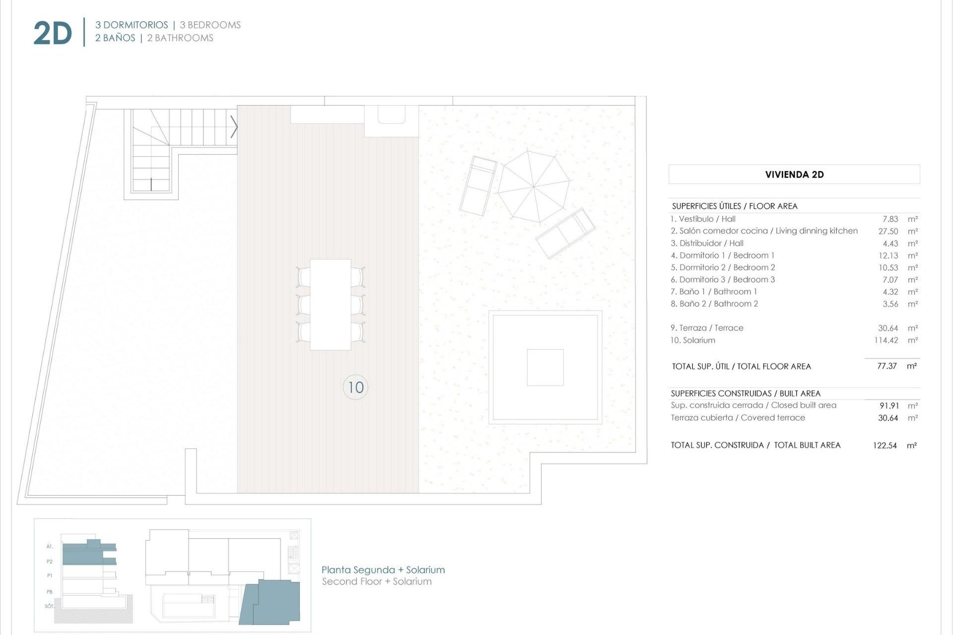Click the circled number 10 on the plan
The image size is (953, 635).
click(x=355, y=387)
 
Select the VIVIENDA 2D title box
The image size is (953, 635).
click(x=794, y=175)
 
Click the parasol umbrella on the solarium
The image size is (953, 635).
click(x=534, y=187)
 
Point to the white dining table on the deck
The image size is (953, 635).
click(x=330, y=305)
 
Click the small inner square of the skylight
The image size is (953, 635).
click(x=545, y=368)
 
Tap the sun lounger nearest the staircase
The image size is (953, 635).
click(x=478, y=186)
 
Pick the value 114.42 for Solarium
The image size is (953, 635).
click(x=886, y=340)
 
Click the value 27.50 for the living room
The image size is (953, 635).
click(x=888, y=231)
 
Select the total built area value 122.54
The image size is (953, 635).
click(x=885, y=445)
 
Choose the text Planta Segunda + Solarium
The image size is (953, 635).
click(x=383, y=570)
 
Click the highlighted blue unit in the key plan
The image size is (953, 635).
click(x=272, y=603)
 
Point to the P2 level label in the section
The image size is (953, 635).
click(x=50, y=562)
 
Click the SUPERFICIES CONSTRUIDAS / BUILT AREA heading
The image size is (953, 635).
click(x=745, y=393)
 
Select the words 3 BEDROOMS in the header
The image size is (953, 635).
click(x=210, y=25)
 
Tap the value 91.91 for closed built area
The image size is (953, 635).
click(x=888, y=406)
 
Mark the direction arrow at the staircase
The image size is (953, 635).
click(x=234, y=127)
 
